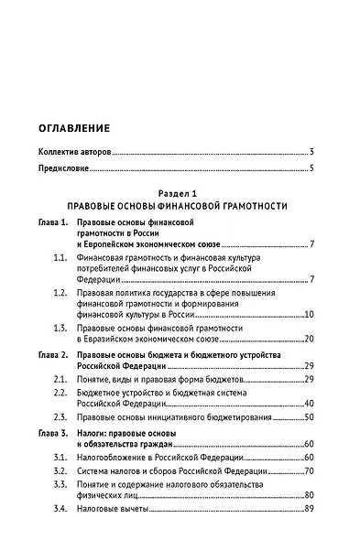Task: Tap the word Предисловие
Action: coord(64,168)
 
